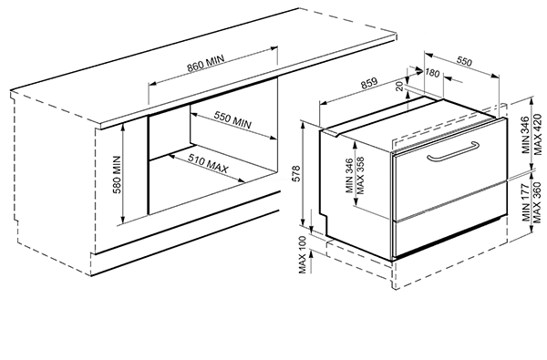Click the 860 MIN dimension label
click(205, 64)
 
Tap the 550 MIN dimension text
click(232, 120)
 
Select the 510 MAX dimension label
click(208, 163)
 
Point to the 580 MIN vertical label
click(117, 174)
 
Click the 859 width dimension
click(369, 83)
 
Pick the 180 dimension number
click(432, 73)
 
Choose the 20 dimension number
click(400, 86)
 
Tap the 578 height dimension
click(296, 173)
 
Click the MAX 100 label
click(303, 254)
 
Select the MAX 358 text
click(360, 176)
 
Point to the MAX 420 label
click(538, 135)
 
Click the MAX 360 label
click(538, 202)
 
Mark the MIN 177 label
click(526, 203)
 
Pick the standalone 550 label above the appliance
click(464, 61)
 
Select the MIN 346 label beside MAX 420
click(526, 135)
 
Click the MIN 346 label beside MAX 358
click(349, 176)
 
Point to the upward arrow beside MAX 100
click(312, 262)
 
